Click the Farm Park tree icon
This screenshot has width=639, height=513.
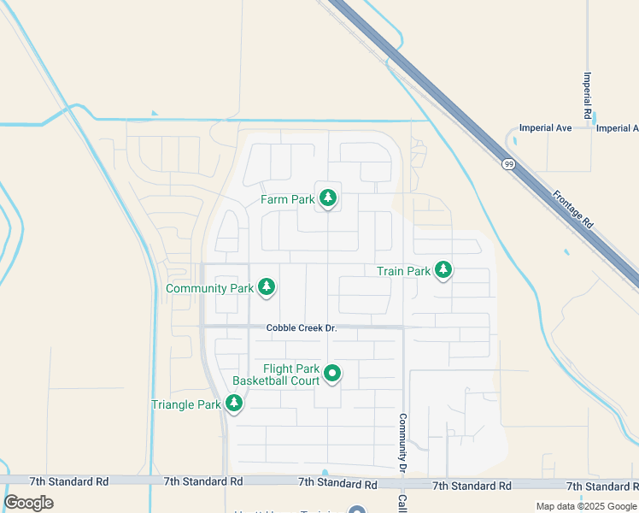tap(327, 199)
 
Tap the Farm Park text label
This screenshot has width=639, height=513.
tap(288, 199)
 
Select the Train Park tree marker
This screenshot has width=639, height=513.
tap(443, 270)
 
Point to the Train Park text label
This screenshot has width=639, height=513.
tap(403, 271)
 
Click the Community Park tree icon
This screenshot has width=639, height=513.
tap(267, 287)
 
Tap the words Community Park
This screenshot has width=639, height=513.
tap(209, 288)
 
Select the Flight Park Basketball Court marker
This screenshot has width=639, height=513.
tap(332, 374)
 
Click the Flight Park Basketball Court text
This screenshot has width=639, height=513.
tap(278, 374)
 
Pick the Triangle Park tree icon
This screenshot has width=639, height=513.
tap(233, 404)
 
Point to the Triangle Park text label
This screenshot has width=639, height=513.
tap(185, 404)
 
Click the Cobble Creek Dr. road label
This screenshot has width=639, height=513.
tap(302, 327)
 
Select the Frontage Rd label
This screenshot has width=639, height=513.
tap(572, 209)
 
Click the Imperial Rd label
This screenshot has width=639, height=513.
tap(588, 95)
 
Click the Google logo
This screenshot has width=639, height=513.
tap(29, 502)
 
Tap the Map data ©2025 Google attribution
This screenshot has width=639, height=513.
tap(585, 506)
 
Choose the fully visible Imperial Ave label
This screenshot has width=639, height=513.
tap(545, 128)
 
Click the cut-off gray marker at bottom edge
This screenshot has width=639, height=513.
tap(357, 510)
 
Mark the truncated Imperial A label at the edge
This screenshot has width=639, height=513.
tap(617, 128)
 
